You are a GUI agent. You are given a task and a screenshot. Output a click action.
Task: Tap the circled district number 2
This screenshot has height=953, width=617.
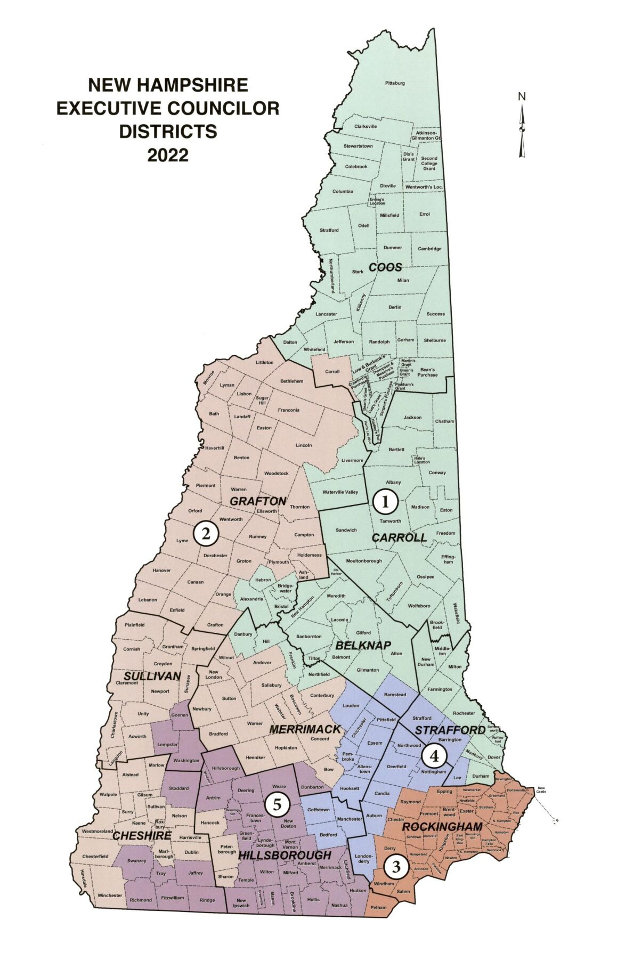(206, 533)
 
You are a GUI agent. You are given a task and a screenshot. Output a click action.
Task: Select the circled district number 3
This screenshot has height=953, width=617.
(395, 867)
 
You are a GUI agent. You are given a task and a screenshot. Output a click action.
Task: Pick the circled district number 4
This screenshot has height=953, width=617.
(434, 755)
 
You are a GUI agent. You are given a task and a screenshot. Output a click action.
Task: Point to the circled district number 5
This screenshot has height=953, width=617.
(277, 804)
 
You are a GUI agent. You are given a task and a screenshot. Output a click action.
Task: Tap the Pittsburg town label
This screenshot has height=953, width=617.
(395, 83)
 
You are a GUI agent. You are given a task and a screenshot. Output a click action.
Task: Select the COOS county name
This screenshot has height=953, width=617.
(385, 267)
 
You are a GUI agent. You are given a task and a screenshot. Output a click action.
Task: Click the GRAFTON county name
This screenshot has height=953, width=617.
(258, 501)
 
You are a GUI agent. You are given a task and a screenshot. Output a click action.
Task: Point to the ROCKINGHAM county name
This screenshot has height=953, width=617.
(442, 827)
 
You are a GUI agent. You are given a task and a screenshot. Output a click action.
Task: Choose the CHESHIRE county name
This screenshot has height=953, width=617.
(142, 836)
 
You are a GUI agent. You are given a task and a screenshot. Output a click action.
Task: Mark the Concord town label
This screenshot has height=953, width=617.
(320, 739)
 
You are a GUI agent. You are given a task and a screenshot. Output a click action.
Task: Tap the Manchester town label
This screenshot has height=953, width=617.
(350, 819)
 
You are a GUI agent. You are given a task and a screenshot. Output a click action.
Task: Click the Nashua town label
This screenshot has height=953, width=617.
(339, 905)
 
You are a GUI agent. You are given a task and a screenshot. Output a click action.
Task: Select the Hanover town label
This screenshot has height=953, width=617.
(161, 571)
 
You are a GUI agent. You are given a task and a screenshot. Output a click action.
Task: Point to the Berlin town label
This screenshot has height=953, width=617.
(395, 307)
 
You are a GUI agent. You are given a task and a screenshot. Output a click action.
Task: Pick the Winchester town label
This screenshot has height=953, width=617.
(109, 895)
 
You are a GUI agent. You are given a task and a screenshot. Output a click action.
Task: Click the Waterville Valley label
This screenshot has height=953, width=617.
(340, 492)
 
